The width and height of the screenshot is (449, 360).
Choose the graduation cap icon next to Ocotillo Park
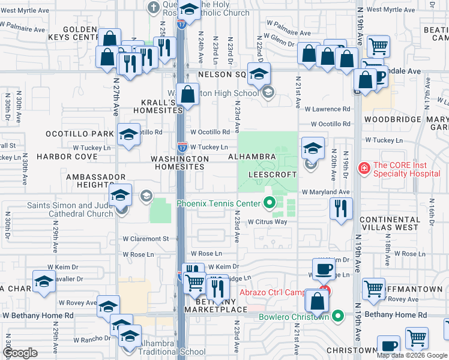tap(128, 136)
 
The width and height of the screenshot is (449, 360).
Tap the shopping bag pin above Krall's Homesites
tap(188, 95)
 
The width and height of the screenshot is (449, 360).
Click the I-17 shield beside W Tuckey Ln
tap(182, 146)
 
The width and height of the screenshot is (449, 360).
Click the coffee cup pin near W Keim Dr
tap(325, 269)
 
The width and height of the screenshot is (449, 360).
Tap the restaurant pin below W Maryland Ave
tap(340, 209)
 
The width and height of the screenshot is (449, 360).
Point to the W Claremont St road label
tap(146, 238)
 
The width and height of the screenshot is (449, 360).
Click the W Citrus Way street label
tap(268, 221)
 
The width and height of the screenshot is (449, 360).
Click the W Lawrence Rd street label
tap(327, 109)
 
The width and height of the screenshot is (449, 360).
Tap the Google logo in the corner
tap(21, 353)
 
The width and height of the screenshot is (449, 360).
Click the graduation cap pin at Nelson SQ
tap(259, 75)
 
